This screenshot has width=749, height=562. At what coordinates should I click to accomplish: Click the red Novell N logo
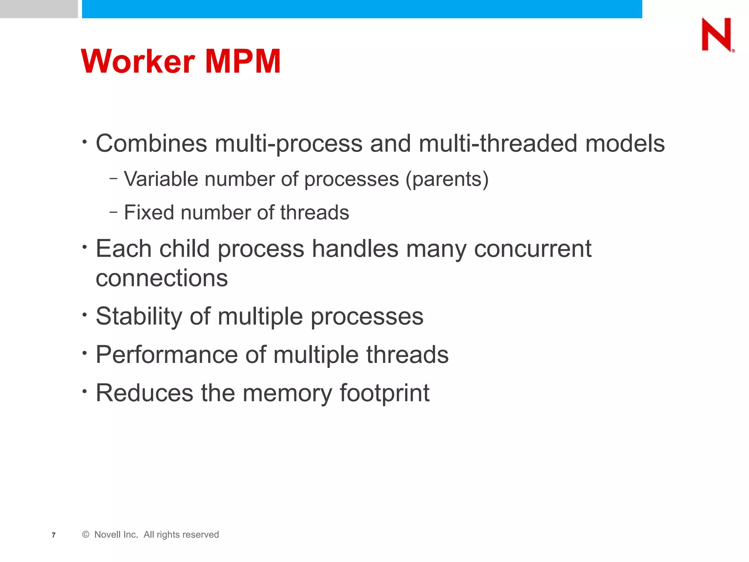pyautogui.click(x=717, y=34)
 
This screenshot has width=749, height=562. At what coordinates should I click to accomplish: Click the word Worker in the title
pyautogui.click(x=138, y=61)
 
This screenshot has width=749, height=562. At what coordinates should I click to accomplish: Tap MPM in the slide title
pyautogui.click(x=243, y=61)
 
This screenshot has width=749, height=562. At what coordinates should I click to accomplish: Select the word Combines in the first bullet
pyautogui.click(x=151, y=143)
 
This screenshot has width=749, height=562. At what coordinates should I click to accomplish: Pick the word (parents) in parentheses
pyautogui.click(x=447, y=179)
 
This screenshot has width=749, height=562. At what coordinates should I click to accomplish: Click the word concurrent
pyautogui.click(x=532, y=249)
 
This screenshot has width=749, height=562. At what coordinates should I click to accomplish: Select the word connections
pyautogui.click(x=162, y=278)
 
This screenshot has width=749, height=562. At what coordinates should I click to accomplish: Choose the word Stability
pyautogui.click(x=139, y=316)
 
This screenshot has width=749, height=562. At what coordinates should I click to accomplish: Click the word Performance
pyautogui.click(x=166, y=355)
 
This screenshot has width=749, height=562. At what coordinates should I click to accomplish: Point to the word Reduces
pyautogui.click(x=144, y=393)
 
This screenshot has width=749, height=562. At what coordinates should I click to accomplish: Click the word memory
pyautogui.click(x=287, y=393)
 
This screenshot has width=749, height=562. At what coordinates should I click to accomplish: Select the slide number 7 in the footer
pyautogui.click(x=54, y=535)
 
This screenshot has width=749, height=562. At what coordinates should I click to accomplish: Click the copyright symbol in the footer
pyautogui.click(x=86, y=535)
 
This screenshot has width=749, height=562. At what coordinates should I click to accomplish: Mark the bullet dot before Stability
pyautogui.click(x=85, y=314)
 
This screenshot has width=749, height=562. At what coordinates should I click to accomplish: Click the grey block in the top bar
pyautogui.click(x=39, y=9)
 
